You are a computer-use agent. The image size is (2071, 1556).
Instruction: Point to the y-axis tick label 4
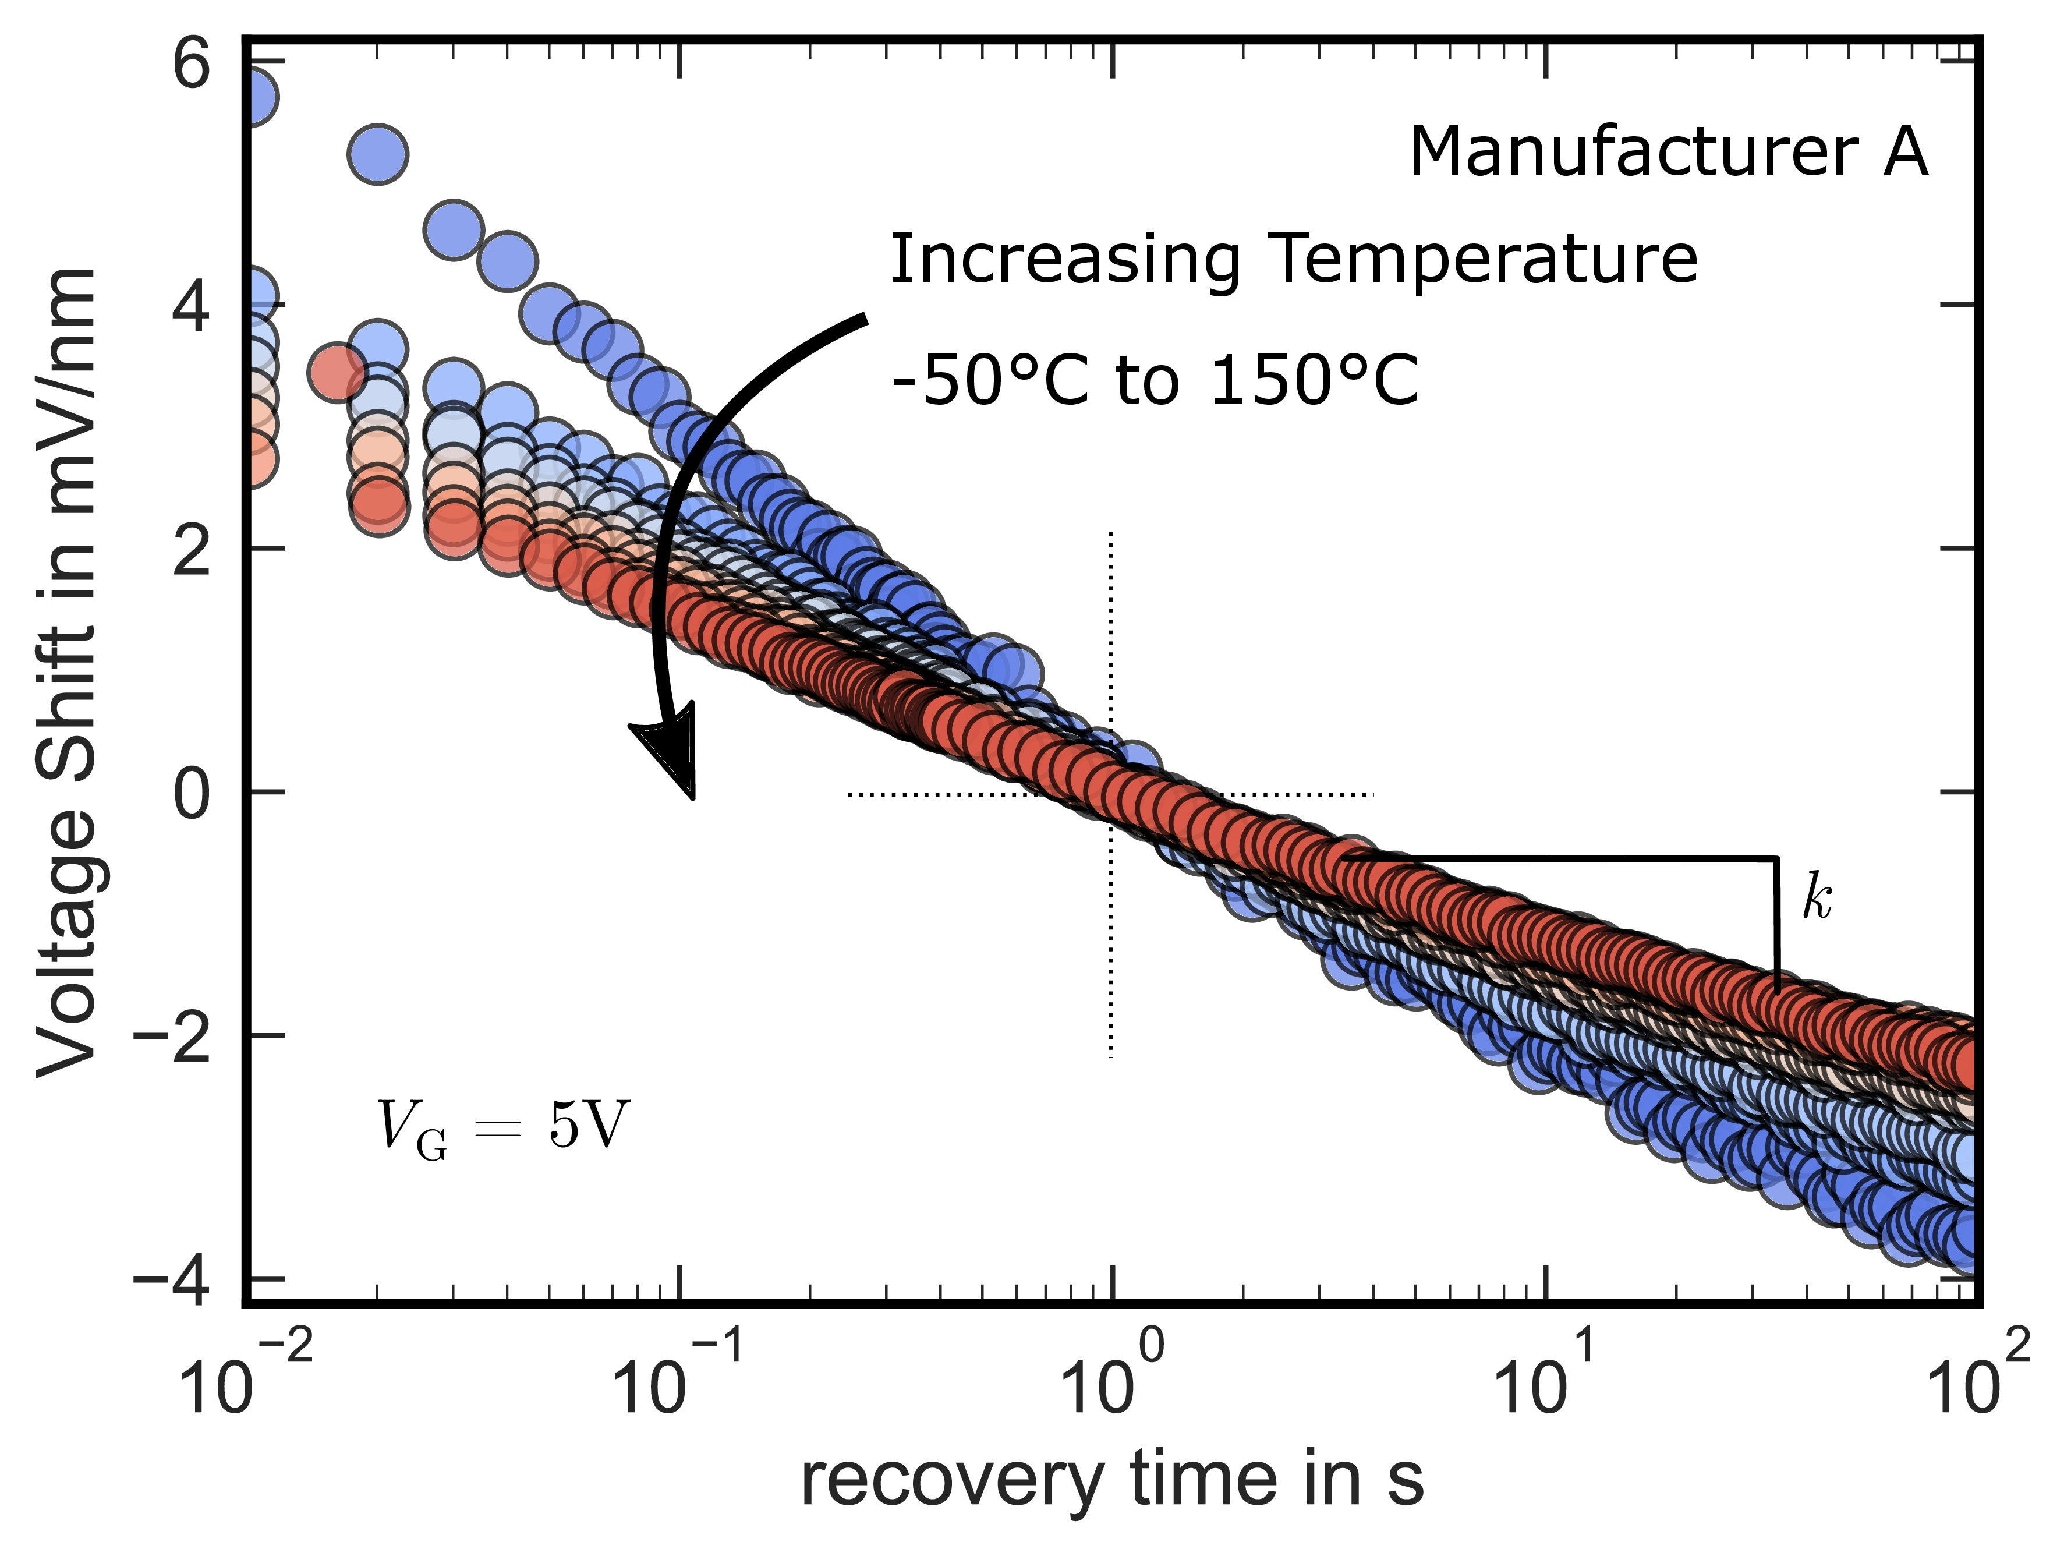(193, 307)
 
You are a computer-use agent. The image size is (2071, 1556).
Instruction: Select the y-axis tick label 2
(193, 550)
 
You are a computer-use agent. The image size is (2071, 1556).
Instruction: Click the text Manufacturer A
(1669, 151)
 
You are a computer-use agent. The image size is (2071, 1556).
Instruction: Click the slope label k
(1817, 897)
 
